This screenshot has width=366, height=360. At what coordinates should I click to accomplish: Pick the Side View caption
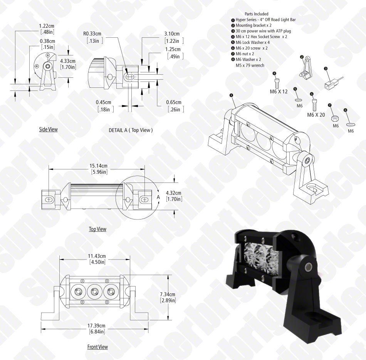click(48, 129)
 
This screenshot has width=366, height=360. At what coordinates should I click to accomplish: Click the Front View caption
click(97, 347)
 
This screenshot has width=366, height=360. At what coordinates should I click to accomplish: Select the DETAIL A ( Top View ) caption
click(131, 130)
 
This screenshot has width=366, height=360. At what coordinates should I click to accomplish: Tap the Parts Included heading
click(256, 14)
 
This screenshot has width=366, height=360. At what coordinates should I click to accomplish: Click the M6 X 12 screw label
click(279, 92)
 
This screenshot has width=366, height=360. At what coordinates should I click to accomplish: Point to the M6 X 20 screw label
click(316, 115)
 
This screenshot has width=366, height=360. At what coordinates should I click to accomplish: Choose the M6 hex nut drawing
click(335, 118)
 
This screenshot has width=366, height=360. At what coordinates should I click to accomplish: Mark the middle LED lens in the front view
click(94, 291)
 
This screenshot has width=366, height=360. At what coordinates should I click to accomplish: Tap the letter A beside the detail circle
click(158, 197)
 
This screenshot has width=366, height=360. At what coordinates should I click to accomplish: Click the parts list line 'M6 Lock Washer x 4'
click(250, 42)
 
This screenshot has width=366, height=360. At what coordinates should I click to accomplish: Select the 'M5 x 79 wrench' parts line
click(250, 65)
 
